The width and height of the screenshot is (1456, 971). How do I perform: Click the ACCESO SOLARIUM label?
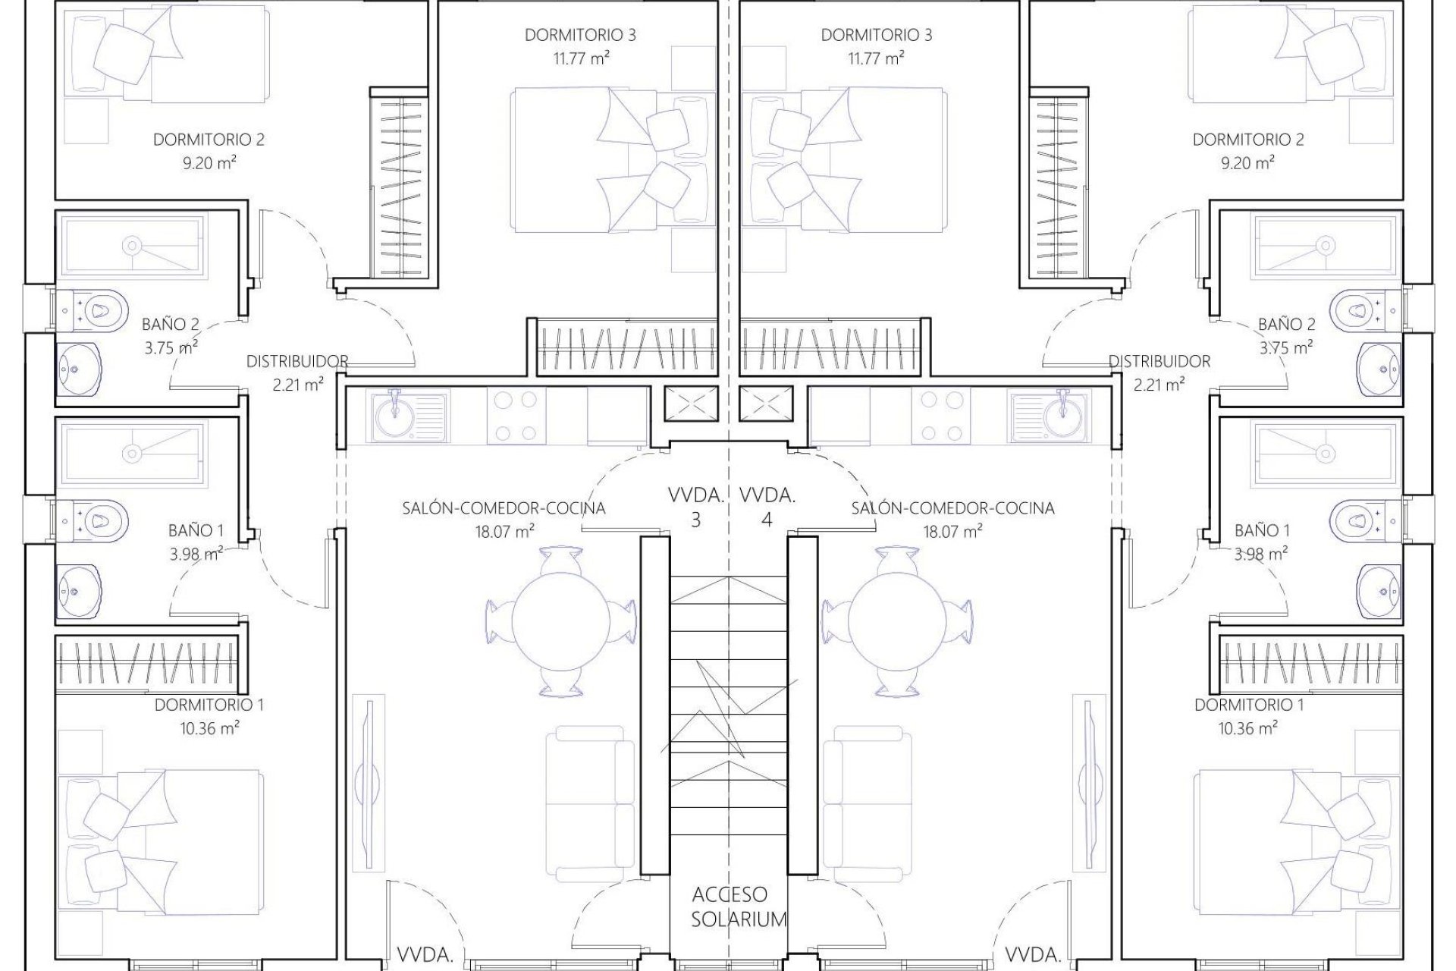click(729, 907)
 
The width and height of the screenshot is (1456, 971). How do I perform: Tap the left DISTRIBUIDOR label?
click(297, 362)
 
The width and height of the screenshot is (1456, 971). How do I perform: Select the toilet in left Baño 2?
click(95, 310)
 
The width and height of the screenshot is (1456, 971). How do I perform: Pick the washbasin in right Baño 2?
click(1379, 369)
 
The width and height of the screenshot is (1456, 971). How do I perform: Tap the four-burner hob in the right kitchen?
click(939, 416)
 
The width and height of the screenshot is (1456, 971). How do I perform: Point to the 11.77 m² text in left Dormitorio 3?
click(582, 58)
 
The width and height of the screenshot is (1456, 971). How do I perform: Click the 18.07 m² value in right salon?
click(952, 532)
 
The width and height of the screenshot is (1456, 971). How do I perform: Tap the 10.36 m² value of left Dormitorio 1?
click(210, 728)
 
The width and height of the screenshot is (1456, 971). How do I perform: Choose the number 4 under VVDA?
click(767, 520)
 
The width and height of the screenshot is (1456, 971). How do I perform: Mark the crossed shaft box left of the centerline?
click(690, 404)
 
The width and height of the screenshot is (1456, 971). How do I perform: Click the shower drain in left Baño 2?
click(133, 245)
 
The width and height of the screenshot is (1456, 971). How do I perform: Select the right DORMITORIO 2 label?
click(1248, 140)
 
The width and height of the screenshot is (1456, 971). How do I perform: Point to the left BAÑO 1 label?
click(196, 530)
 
